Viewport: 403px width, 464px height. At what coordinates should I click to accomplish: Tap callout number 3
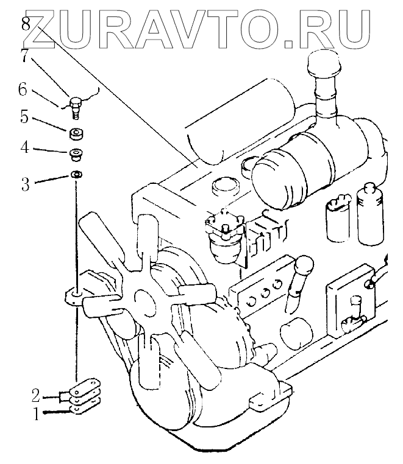coord(25,183)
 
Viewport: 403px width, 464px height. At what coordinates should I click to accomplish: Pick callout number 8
coord(24,24)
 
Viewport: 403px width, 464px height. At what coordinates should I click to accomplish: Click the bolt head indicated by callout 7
coord(76,102)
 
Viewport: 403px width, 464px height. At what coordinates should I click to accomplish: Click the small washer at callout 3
coord(77,175)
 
